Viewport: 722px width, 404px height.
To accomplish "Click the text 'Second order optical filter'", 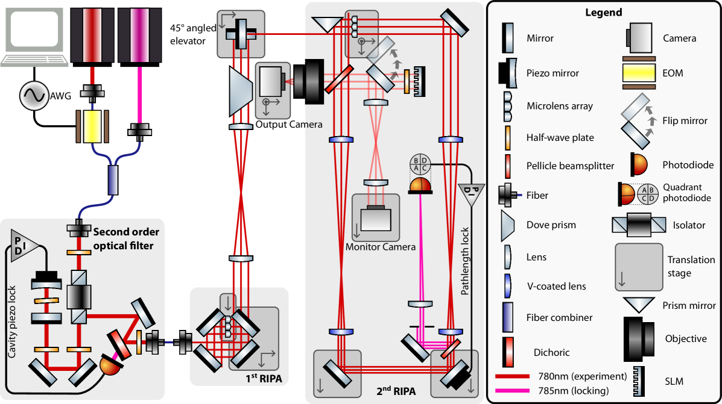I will click(x=126, y=238).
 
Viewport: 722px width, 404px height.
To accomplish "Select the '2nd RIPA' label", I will click(x=396, y=391).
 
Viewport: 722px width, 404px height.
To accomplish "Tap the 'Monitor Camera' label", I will click(x=380, y=247).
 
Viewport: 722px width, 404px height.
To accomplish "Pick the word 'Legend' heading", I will click(x=604, y=13).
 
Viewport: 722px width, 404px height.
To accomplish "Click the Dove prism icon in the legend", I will click(x=508, y=225).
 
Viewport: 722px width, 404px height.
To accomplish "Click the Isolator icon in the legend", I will click(x=640, y=225).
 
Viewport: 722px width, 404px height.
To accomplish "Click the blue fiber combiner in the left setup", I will click(x=113, y=181).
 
